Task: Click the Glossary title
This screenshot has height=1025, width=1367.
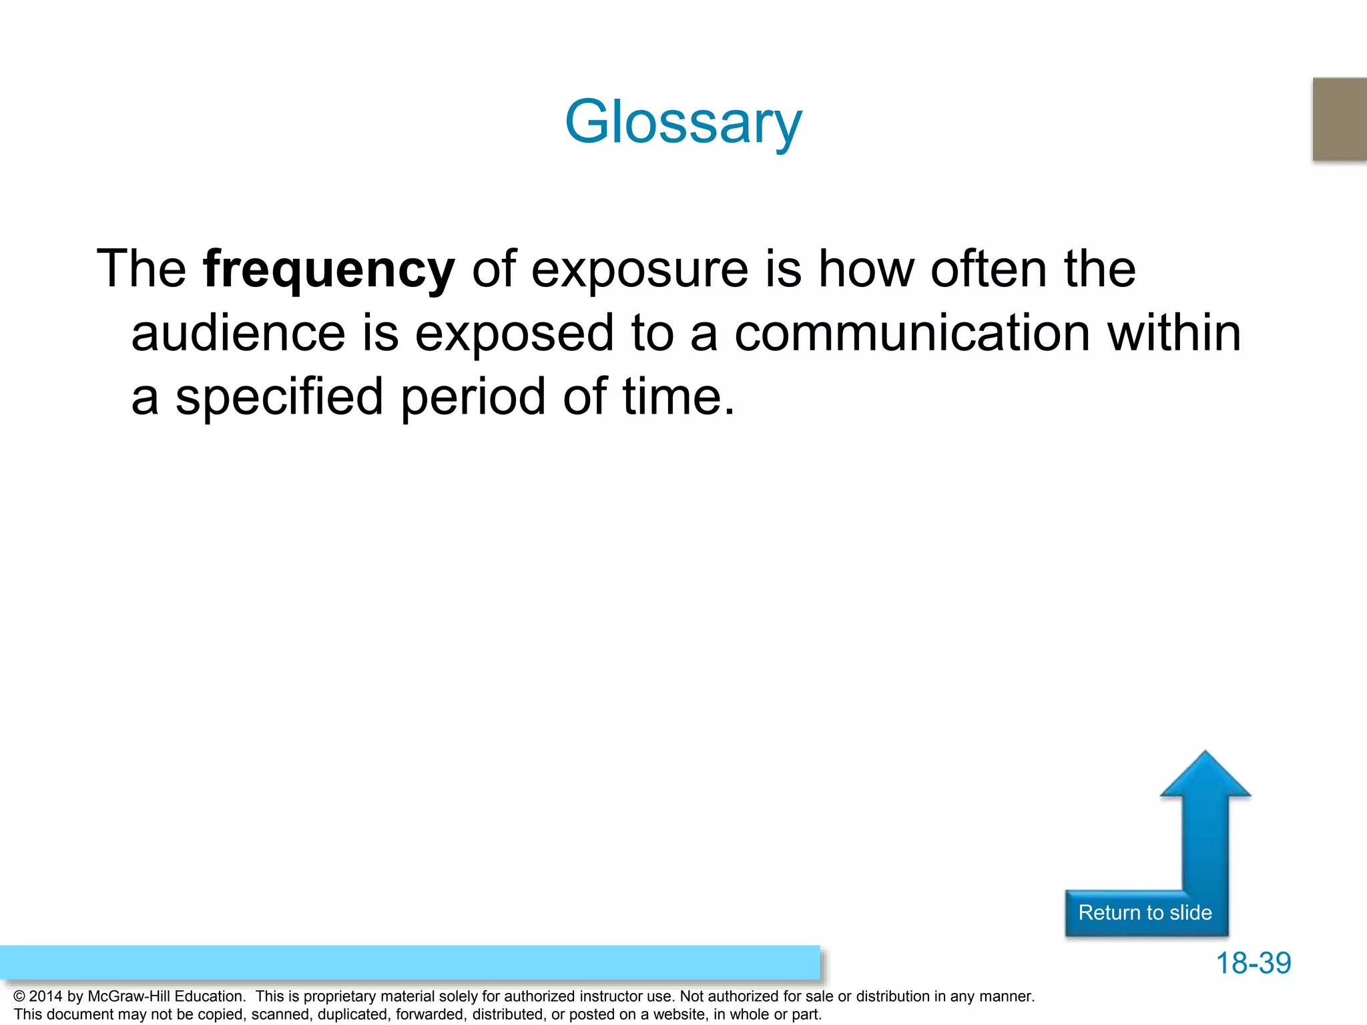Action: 683,122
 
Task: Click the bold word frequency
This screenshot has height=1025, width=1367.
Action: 328,269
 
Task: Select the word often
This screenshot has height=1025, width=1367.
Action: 989,269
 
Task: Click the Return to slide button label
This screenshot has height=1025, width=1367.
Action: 1145,912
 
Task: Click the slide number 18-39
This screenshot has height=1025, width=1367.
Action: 1253,963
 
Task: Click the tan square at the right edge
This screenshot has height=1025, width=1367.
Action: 1340,119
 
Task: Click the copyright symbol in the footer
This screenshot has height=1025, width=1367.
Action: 19,996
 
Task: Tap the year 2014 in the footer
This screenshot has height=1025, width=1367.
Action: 45,996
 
